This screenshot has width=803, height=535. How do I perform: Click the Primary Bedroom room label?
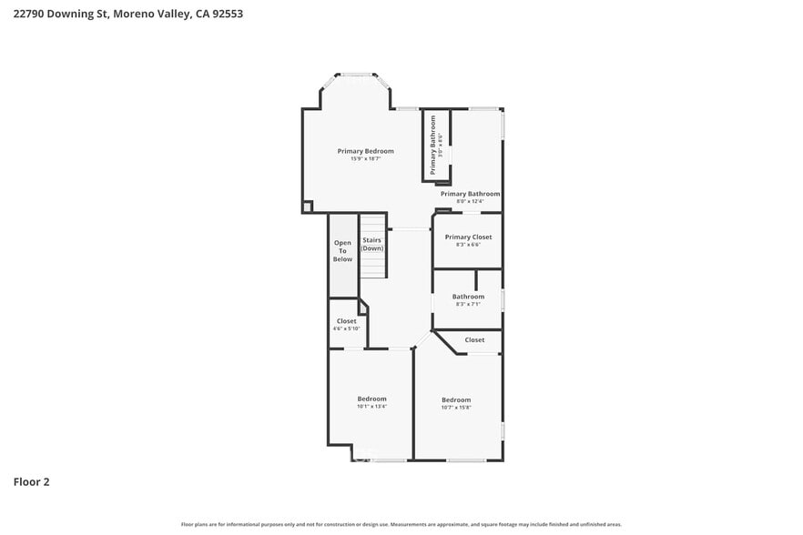(365, 151)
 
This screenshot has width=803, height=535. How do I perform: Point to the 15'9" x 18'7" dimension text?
(365, 159)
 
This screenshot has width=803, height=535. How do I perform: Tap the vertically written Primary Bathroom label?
(433, 145)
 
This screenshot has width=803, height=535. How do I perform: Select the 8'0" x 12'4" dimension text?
(470, 201)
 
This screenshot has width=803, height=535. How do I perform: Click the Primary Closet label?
(468, 237)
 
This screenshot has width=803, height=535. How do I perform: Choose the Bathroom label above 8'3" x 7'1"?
(468, 296)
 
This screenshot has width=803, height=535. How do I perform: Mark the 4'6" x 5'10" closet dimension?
(346, 328)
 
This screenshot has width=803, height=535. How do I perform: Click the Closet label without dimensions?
(474, 340)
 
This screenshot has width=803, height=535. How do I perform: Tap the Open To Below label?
(342, 251)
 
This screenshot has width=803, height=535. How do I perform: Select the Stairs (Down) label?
(372, 244)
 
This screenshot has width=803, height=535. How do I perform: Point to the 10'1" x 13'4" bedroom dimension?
(371, 407)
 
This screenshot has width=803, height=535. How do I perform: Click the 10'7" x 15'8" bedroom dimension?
(456, 408)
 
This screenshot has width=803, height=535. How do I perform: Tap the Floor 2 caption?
(31, 481)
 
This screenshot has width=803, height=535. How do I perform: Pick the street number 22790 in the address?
(31, 14)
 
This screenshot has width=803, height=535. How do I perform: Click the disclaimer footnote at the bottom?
(401, 524)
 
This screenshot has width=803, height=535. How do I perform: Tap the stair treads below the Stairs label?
(372, 266)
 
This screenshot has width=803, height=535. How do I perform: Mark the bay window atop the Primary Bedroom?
(356, 77)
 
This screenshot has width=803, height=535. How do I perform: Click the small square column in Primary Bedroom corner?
(308, 207)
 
